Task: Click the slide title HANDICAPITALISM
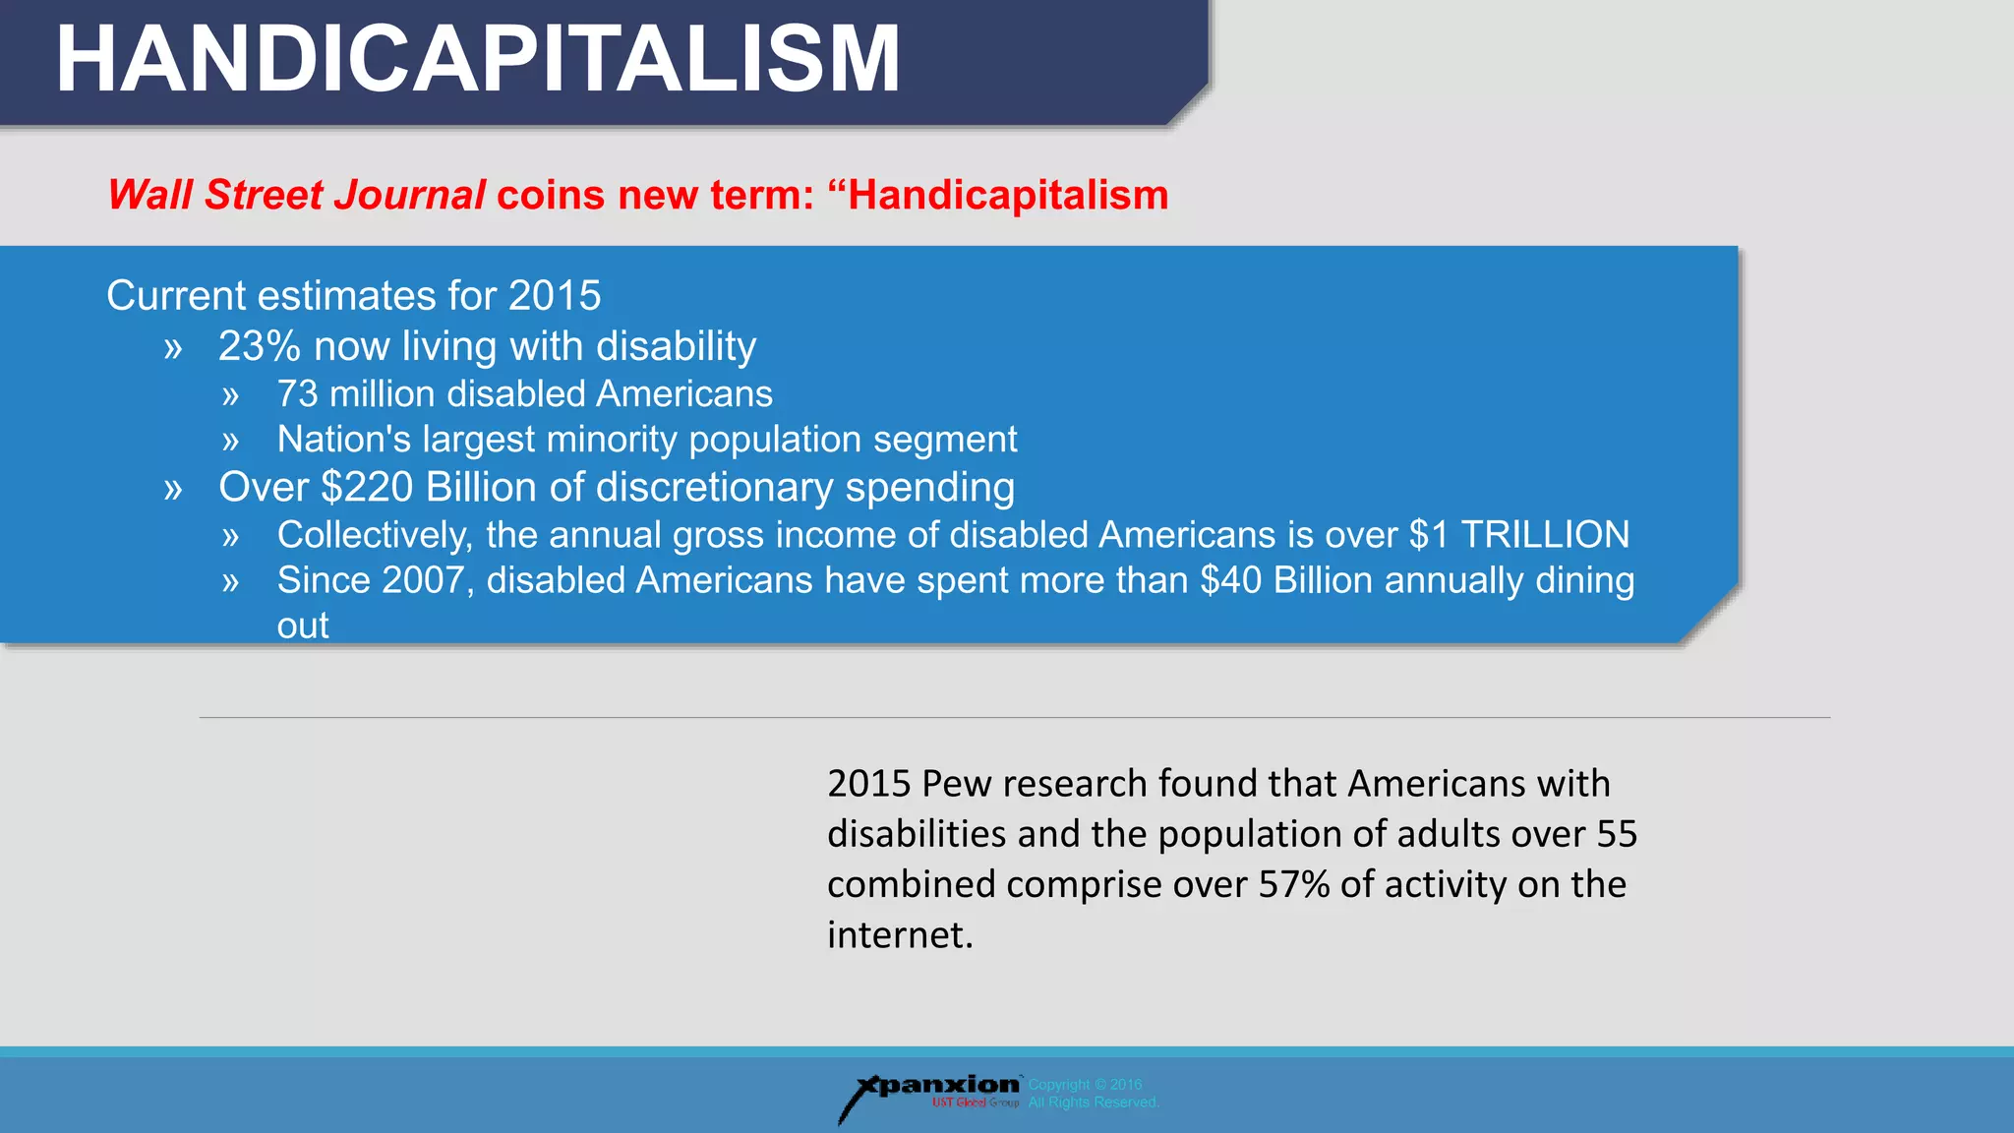pos(478,59)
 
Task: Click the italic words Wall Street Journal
pos(296,195)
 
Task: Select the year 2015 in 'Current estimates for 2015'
pos(555,296)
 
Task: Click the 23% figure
pos(259,346)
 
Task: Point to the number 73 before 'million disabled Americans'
pos(298,394)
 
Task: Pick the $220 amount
pos(367,488)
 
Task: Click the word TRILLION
pos(1545,535)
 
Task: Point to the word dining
pos(1584,580)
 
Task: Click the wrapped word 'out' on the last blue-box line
pos(303,626)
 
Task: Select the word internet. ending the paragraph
pos(900,934)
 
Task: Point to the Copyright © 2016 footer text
pos(1085,1085)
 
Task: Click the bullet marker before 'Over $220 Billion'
pos(173,490)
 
